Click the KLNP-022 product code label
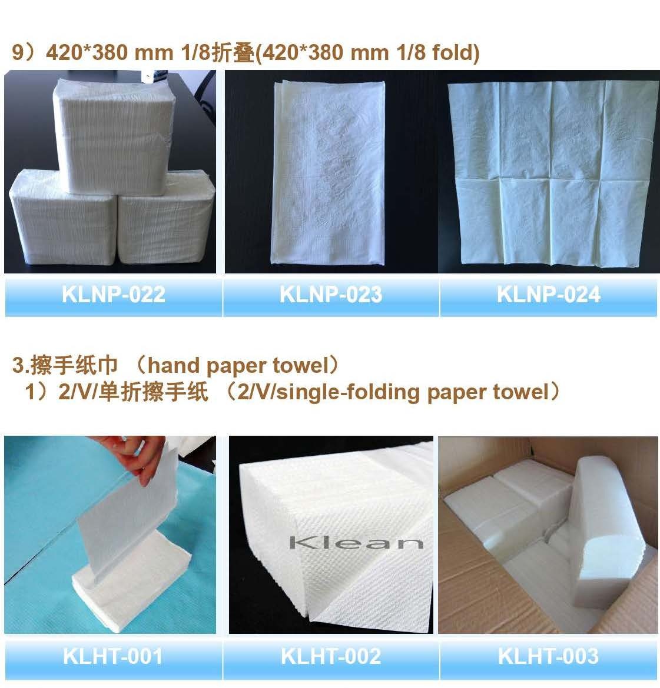click(x=113, y=294)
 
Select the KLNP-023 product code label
click(x=330, y=294)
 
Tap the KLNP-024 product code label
click(x=548, y=294)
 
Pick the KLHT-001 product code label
click(x=112, y=656)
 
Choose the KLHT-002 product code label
click(x=330, y=656)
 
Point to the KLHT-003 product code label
click(x=548, y=656)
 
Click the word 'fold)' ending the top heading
click(x=456, y=53)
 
